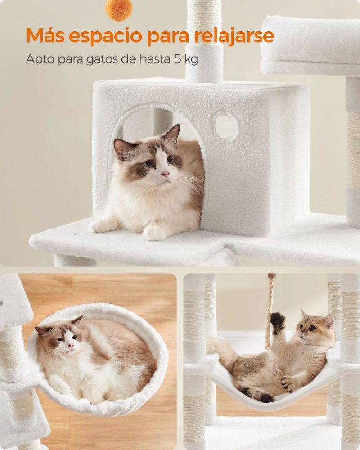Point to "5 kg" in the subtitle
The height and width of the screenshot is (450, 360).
(x=185, y=59)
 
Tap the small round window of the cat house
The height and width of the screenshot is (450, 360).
(x=226, y=126)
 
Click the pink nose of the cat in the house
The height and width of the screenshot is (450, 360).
(x=165, y=173)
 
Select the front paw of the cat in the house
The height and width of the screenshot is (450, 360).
(x=154, y=232)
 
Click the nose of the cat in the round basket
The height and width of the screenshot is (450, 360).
(x=70, y=345)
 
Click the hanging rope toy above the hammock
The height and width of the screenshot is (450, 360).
(x=270, y=310)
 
